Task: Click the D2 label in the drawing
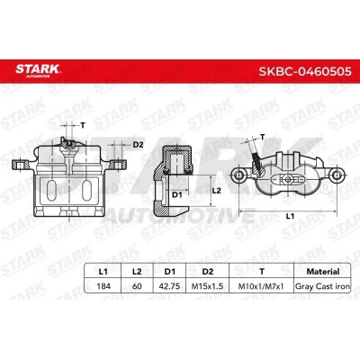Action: (138, 145)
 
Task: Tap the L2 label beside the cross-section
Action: (216, 192)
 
